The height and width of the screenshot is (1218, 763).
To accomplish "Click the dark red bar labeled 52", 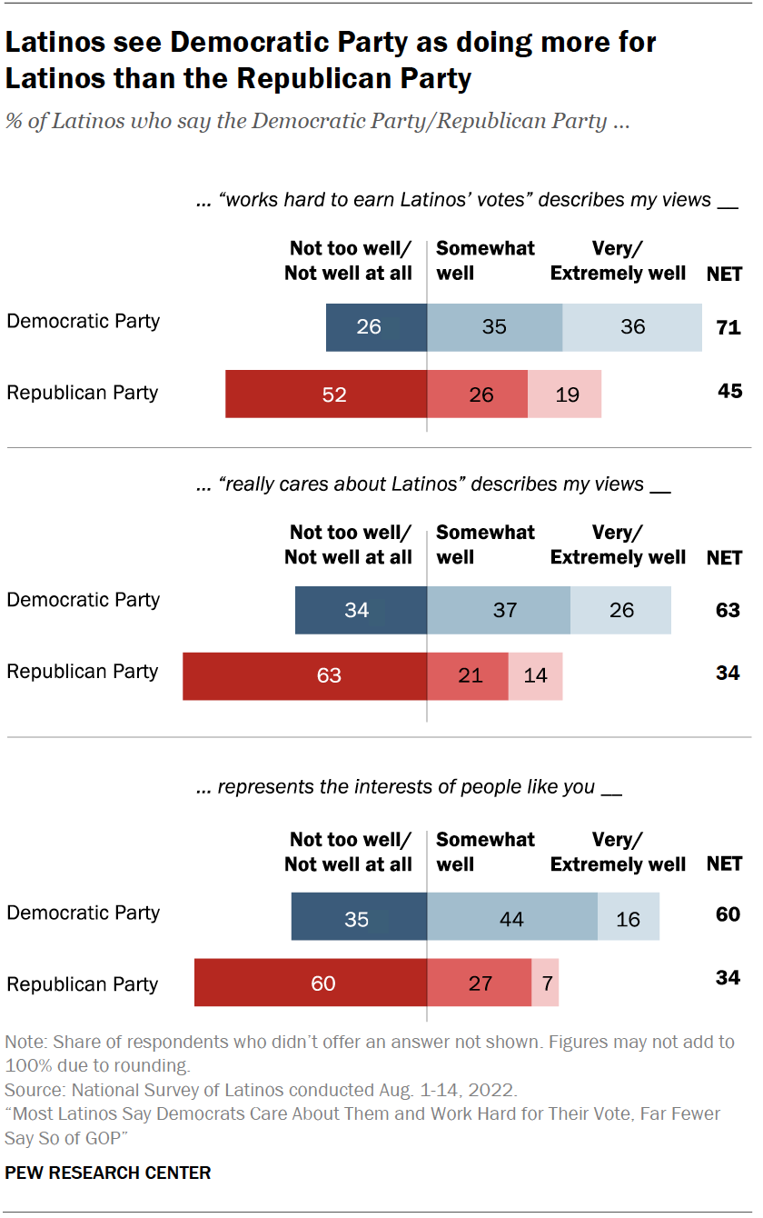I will pos(326,394).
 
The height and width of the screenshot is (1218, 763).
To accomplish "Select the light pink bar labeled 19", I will pos(564,394).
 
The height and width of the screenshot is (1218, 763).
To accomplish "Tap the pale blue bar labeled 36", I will pos(632,327).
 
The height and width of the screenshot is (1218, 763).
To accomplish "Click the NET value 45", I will pos(728,392).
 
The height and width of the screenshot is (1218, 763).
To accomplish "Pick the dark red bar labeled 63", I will pos(304,675).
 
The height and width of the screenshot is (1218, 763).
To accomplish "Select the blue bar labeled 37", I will pos(499,610).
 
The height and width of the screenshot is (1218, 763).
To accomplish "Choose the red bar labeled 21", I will pos(467,675).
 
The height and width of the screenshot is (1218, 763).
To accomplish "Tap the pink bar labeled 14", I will pos(535,675).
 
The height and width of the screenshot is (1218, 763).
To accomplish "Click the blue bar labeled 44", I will pos(512,919).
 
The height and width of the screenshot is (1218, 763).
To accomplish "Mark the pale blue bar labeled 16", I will pos(629,919).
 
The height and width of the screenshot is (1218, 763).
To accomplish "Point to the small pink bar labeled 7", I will pos(545,983).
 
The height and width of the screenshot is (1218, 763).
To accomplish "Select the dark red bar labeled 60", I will pos(311,983).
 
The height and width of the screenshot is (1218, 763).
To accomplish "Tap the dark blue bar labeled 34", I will pos(361,610).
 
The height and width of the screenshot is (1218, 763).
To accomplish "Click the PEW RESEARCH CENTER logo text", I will pos(108,1173).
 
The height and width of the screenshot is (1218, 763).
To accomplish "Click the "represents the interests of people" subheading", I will pos(409,787).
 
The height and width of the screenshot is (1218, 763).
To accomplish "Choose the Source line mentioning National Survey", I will pos(261,1089).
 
